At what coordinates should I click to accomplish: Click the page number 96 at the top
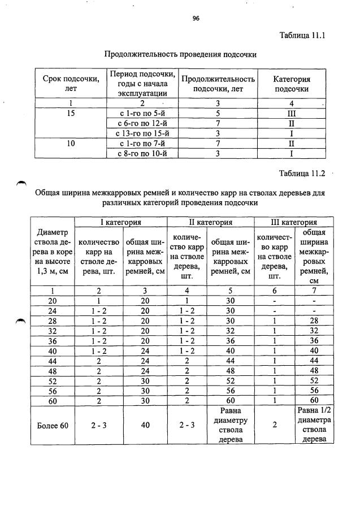tap(196, 18)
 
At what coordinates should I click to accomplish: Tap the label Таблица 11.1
tap(303, 36)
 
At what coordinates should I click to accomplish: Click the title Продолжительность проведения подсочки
tap(180, 55)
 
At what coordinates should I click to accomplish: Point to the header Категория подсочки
tap(292, 84)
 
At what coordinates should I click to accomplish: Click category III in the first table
tap(292, 112)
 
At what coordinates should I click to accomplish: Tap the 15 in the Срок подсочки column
tap(71, 112)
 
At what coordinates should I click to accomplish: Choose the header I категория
tap(120, 222)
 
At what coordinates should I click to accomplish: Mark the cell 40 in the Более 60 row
tap(145, 425)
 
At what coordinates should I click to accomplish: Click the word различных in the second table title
tap(125, 202)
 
